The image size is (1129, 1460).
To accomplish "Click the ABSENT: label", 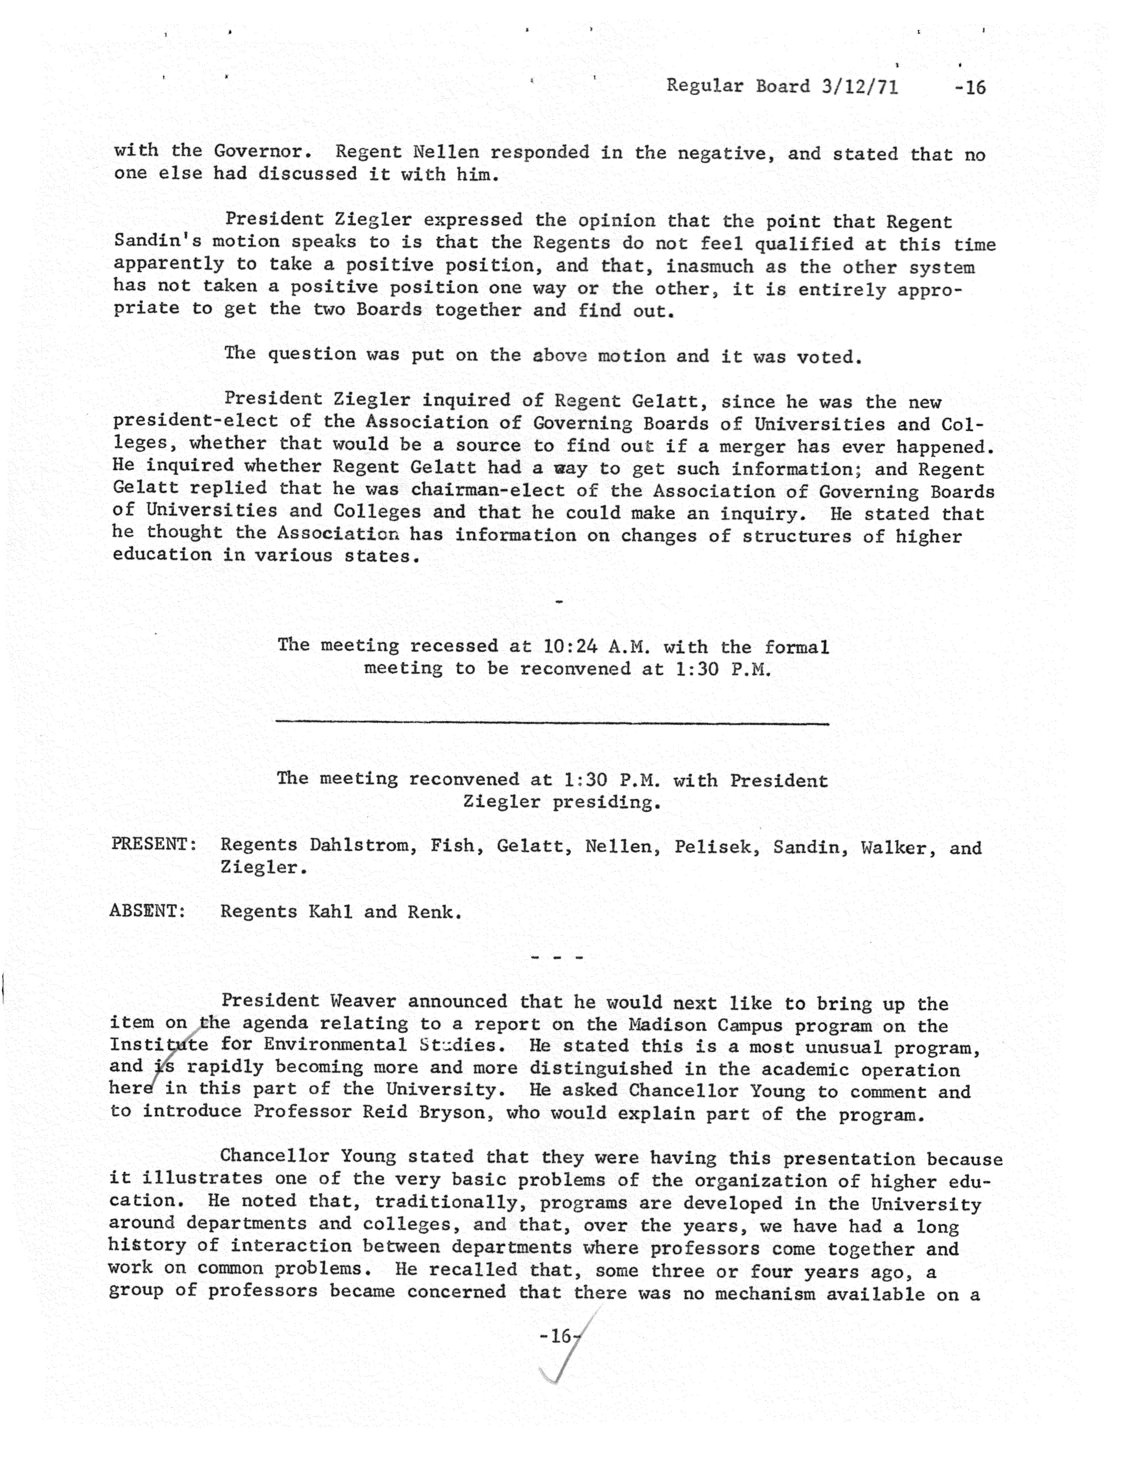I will tap(147, 911).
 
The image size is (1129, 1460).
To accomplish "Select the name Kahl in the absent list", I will tap(330, 912).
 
